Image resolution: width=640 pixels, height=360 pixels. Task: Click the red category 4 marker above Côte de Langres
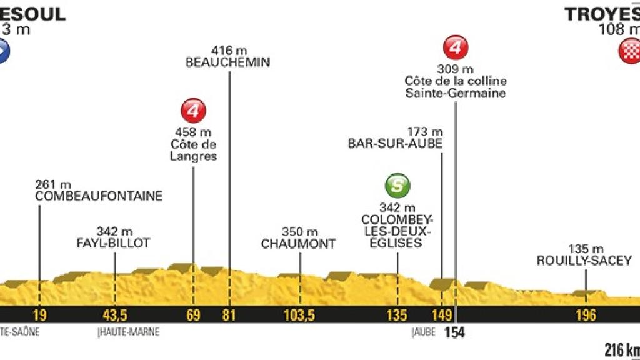pyautogui.click(x=193, y=110)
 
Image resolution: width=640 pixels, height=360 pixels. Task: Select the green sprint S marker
pyautogui.click(x=397, y=186)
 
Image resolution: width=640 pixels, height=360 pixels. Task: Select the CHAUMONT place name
pyautogui.click(x=299, y=244)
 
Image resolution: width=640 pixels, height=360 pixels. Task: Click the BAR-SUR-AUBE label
pyautogui.click(x=396, y=142)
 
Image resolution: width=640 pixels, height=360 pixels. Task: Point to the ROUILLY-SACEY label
pyautogui.click(x=584, y=261)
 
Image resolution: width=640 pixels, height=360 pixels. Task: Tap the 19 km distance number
pyautogui.click(x=39, y=314)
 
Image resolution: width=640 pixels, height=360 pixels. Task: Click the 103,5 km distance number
pyautogui.click(x=299, y=314)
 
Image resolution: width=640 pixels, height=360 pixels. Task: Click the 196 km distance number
pyautogui.click(x=586, y=314)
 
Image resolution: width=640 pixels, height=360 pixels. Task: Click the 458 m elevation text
pyautogui.click(x=194, y=132)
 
